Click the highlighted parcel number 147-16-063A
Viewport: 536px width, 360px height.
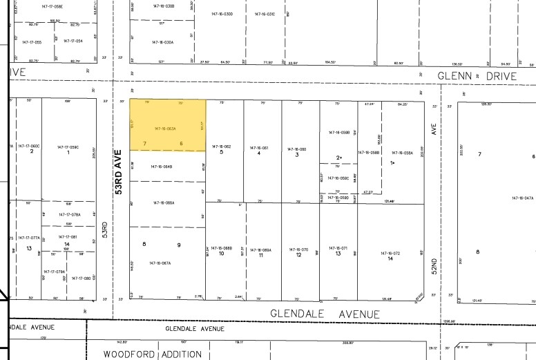tap(165, 129)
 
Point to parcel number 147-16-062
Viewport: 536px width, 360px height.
tap(221, 147)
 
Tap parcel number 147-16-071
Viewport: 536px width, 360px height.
tap(337, 248)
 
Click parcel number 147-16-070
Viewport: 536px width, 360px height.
tap(298, 249)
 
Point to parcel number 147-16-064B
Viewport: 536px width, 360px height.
tap(161, 166)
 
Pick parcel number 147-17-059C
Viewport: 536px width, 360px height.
tap(68, 146)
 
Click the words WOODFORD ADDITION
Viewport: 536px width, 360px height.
tap(153, 354)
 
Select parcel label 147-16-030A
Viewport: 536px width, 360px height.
tap(163, 42)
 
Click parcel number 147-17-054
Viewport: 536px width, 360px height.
tap(73, 41)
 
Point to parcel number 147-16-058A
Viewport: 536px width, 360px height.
tap(402, 153)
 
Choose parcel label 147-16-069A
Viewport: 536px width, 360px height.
tap(260, 249)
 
